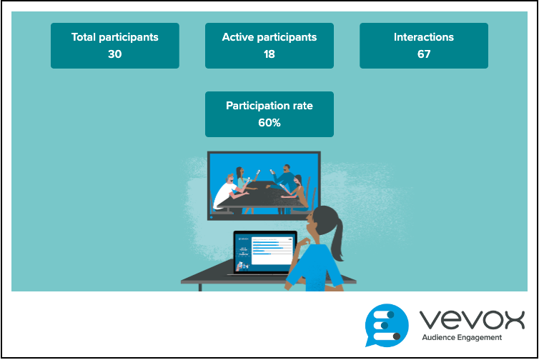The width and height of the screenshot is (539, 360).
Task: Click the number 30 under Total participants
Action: pyautogui.click(x=115, y=54)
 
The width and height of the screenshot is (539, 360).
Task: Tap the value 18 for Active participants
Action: pyautogui.click(x=269, y=54)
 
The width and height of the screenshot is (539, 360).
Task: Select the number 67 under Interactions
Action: pyautogui.click(x=424, y=54)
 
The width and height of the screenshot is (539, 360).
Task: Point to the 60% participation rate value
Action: pyautogui.click(x=269, y=123)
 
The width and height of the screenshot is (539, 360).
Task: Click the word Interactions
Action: pyautogui.click(x=424, y=37)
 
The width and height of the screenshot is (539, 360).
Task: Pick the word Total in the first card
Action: pyautogui.click(x=83, y=37)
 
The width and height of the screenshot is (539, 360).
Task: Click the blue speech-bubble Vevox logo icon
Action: pyautogui.click(x=387, y=325)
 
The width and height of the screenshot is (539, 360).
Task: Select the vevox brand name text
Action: pyautogui.click(x=472, y=319)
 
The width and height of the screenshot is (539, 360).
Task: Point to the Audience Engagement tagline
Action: pyautogui.click(x=462, y=338)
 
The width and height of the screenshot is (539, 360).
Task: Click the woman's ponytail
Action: pyautogui.click(x=337, y=240)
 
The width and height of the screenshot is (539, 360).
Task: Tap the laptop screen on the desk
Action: pyautogui.click(x=264, y=252)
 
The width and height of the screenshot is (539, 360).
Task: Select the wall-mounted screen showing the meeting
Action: pyautogui.click(x=264, y=186)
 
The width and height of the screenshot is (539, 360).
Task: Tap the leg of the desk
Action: pyautogui.click(x=200, y=287)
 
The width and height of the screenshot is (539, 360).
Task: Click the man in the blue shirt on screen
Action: pyautogui.click(x=285, y=179)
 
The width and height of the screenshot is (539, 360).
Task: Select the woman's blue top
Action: pyautogui.click(x=315, y=268)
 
